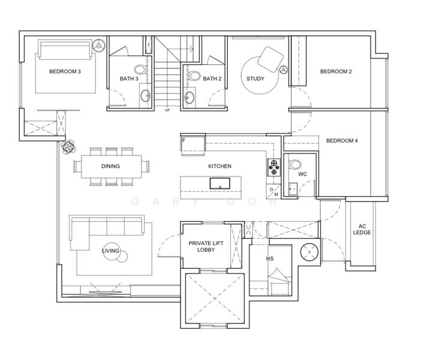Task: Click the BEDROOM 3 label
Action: click(65, 71)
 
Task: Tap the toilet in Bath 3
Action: click(140, 70)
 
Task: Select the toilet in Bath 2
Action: click(194, 76)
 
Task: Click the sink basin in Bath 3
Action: click(146, 95)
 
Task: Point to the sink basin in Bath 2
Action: click(190, 97)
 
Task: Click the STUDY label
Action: click(255, 79)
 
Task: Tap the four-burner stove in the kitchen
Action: click(273, 167)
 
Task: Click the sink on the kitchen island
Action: click(220, 184)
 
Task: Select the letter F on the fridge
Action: click(184, 140)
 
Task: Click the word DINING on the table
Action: click(110, 166)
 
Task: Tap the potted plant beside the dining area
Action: click(68, 146)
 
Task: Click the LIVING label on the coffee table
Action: click(110, 251)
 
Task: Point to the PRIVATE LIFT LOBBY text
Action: click(206, 247)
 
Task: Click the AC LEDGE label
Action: click(362, 229)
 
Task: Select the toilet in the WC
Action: click(295, 164)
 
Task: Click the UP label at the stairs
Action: click(167, 110)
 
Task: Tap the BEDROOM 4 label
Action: click(342, 140)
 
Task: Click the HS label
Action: click(270, 259)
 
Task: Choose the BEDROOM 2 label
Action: click(336, 71)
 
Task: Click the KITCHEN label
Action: click(219, 166)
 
